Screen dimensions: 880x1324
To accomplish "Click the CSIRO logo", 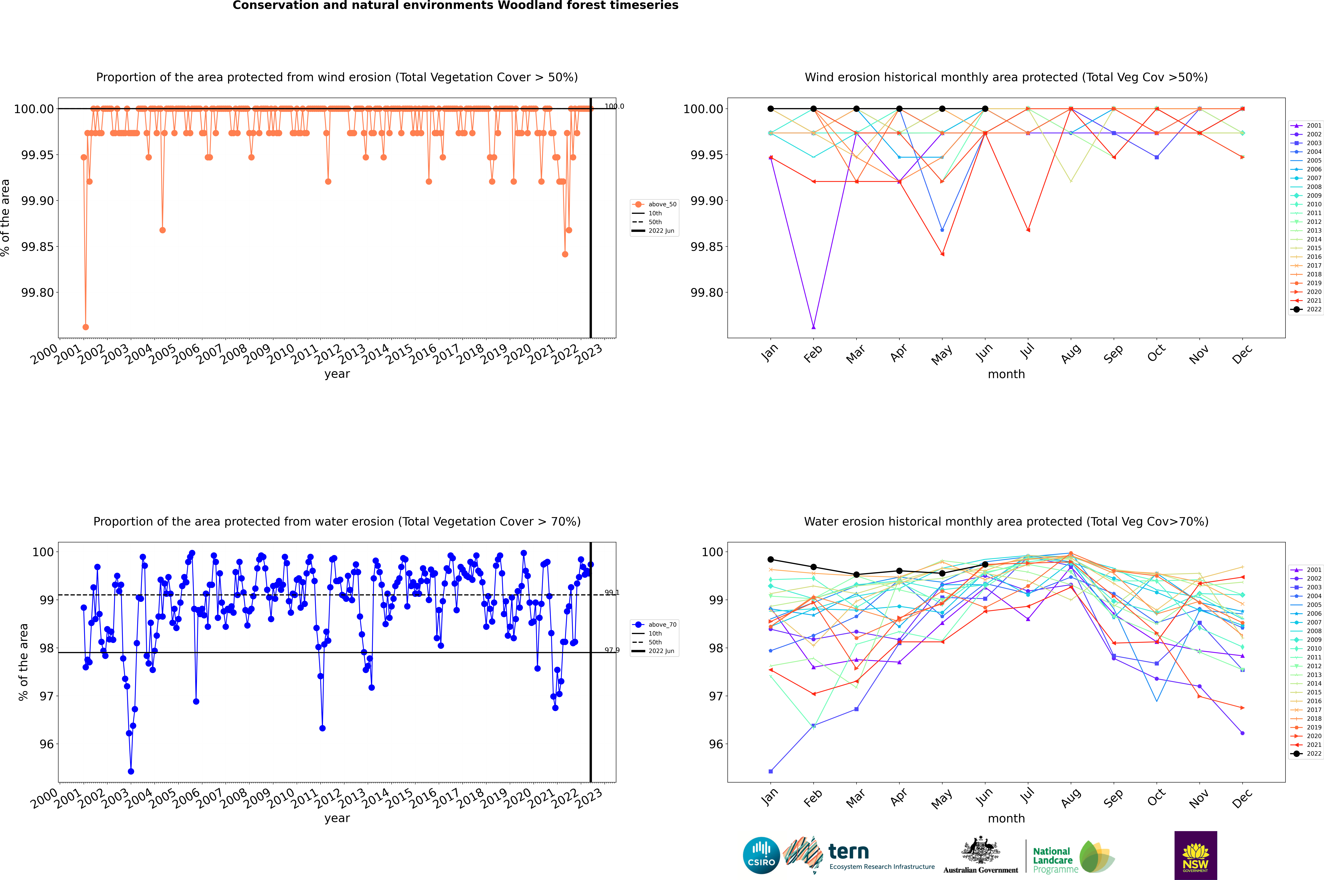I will tap(761, 855).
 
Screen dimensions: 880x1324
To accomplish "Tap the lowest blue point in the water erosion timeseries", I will tap(131, 771).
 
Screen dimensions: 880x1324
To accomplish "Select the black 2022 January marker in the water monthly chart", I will tap(771, 560).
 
